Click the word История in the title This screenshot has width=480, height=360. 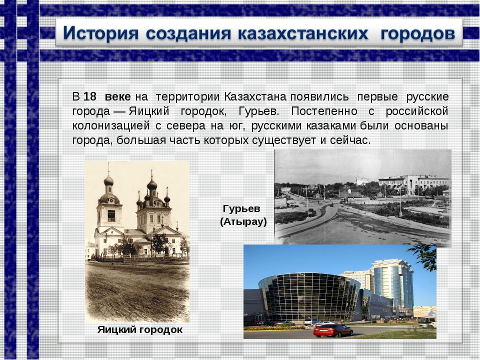100,33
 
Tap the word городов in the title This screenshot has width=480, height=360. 417,34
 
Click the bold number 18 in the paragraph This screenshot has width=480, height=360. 89,96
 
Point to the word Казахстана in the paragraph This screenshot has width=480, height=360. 255,96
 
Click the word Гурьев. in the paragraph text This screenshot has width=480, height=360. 258,111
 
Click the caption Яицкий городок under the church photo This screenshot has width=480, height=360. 140,329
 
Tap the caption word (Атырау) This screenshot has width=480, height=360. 243,222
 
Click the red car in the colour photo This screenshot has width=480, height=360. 333,330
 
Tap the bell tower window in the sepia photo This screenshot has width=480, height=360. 111,216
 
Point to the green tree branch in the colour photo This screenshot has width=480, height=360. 425,257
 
